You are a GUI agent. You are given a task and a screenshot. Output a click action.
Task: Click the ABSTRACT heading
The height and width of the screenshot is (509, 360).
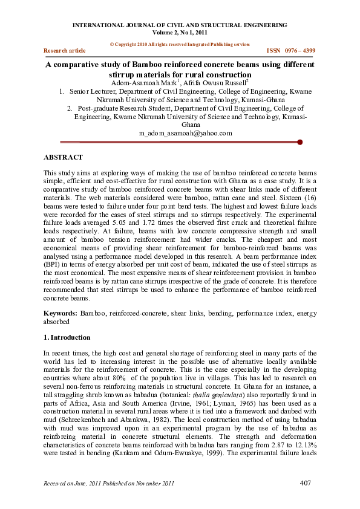click(64, 157)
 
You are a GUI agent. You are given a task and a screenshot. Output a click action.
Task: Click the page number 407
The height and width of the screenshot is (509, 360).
click(308, 483)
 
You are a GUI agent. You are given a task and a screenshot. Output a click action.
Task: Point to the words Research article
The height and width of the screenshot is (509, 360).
click(65, 51)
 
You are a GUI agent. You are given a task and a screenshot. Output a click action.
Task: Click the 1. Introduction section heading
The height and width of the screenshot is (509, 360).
click(67, 337)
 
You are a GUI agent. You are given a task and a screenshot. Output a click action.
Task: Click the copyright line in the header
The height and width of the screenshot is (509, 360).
click(179, 44)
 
